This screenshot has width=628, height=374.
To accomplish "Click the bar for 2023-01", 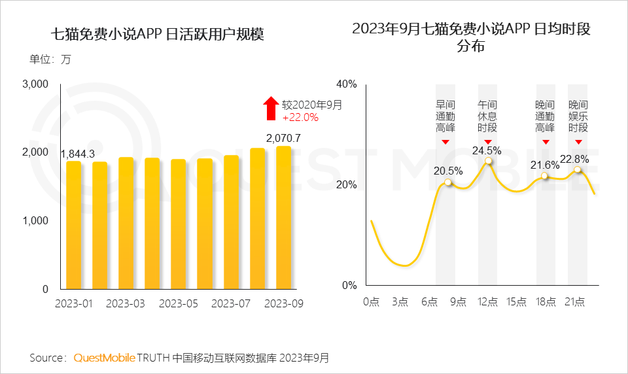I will click(x=74, y=225).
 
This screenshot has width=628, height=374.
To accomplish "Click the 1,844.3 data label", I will click(x=78, y=154).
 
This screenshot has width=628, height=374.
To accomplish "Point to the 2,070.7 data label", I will click(x=283, y=138).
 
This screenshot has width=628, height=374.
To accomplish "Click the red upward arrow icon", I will click(x=270, y=109).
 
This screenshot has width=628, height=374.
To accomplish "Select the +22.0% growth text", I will click(x=300, y=118).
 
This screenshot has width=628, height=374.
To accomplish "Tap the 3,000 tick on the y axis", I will click(x=36, y=84).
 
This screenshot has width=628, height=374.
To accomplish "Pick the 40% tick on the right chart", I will click(x=347, y=84).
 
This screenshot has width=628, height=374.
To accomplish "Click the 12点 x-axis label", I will click(x=487, y=301).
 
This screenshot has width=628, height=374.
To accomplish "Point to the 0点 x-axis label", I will click(x=372, y=301).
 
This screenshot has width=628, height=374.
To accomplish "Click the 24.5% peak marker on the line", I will click(x=487, y=161).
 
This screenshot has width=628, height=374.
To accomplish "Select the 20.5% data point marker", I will click(x=448, y=182).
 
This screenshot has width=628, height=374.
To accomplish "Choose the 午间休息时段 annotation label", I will click(x=487, y=116).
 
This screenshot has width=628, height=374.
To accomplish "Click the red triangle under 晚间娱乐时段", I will click(x=578, y=142).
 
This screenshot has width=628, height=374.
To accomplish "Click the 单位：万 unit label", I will click(x=50, y=59).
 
